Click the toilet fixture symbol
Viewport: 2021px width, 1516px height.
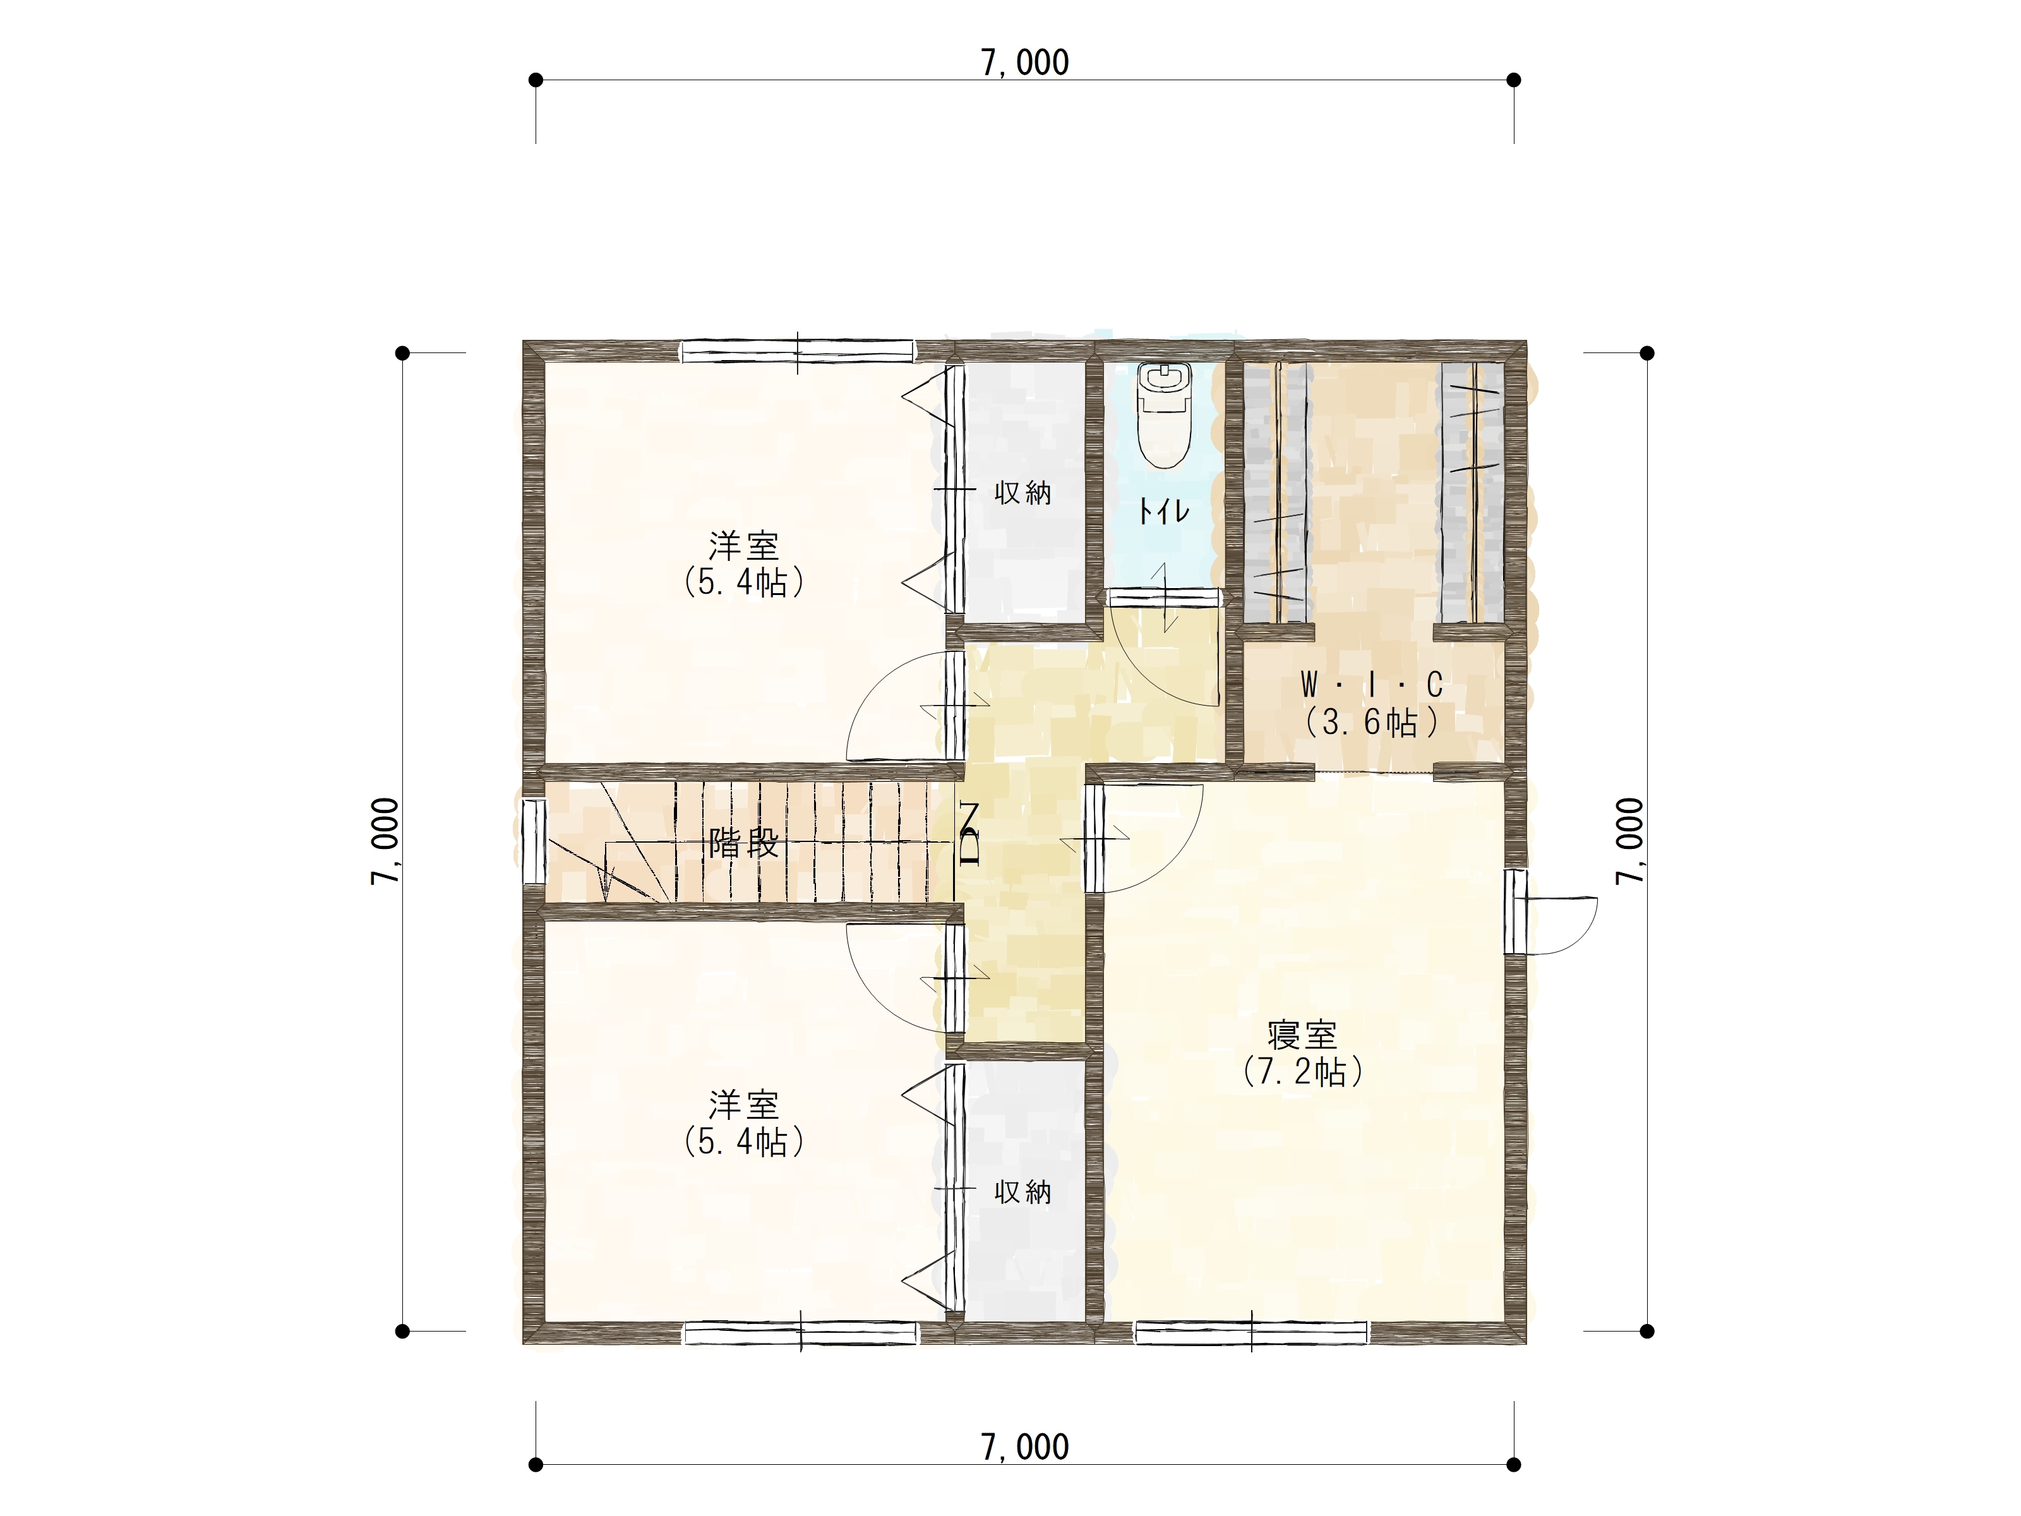coord(1164,415)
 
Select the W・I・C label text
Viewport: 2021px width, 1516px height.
coord(1371,685)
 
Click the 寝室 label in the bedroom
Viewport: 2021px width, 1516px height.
coord(1302,1035)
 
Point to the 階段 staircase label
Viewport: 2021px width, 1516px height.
coord(744,843)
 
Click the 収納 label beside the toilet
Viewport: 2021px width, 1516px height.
coord(1022,493)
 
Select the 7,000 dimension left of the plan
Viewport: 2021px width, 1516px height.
coord(385,841)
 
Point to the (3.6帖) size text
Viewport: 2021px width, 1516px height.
coord(1371,723)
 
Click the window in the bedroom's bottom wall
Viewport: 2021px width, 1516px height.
coord(1250,1332)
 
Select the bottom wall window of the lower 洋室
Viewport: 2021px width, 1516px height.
coord(800,1333)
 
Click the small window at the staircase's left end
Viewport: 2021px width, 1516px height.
coord(534,841)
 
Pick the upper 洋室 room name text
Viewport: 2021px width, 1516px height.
coord(744,546)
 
